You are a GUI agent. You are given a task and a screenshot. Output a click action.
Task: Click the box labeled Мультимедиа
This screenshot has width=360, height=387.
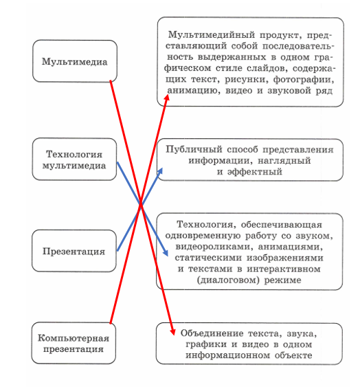coord(75,61)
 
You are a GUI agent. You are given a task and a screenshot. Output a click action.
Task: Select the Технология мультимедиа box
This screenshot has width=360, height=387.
coord(74,159)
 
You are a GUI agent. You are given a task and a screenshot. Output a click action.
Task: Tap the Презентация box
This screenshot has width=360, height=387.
coord(74,251)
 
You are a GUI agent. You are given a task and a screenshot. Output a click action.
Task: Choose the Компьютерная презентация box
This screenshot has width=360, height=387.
coord(74,343)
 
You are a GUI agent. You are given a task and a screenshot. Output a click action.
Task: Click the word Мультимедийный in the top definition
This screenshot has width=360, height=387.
coord(211,35)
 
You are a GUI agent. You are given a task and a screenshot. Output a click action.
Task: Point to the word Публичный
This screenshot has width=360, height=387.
coord(194,150)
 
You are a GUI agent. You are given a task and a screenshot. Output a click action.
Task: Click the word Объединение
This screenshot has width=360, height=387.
coord(212,333)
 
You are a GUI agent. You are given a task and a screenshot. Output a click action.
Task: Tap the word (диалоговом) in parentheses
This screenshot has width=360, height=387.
coord(228,280)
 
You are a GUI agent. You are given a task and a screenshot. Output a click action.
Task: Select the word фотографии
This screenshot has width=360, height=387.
coord(304,80)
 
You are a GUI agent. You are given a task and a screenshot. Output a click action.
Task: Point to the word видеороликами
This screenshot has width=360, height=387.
coord(214,247)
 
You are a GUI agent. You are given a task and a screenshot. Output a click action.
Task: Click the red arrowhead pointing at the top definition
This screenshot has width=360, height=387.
coord(167,97)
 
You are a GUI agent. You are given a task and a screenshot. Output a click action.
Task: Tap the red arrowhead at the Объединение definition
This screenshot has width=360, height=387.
coord(172,332)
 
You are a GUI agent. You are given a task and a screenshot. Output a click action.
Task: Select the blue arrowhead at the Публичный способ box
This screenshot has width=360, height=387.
coord(160,170)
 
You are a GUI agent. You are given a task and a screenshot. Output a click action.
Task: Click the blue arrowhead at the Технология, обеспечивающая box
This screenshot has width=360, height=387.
coord(166,253)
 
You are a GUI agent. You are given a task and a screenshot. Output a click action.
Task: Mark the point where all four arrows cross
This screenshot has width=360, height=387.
coord(141,204)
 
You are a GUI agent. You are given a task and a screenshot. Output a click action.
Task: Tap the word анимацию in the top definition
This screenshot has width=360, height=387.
coord(194,91)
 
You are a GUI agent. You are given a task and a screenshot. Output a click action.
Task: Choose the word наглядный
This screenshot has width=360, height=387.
coord(284,161)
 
